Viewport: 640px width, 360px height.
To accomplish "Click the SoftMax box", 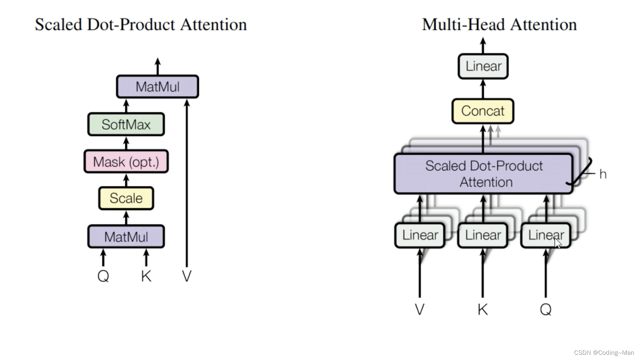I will click(126, 124).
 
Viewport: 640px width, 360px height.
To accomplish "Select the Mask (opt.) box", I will click(126, 162).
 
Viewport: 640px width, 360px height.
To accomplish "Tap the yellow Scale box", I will click(126, 198).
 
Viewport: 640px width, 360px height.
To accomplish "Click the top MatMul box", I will click(157, 86).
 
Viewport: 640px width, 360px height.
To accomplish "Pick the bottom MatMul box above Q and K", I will click(126, 236).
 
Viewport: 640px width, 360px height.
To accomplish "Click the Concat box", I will click(483, 111).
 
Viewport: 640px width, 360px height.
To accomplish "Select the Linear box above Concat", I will click(483, 66).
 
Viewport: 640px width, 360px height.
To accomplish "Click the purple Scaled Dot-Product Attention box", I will click(483, 174).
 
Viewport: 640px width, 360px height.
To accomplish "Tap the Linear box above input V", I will click(420, 235).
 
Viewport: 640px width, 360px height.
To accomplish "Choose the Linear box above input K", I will click(483, 235).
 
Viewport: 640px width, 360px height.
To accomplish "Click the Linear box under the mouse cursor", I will click(546, 235).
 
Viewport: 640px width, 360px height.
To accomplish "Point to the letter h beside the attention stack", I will click(603, 174).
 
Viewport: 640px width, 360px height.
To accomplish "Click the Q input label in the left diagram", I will click(103, 276).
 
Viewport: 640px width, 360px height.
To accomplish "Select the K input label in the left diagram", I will click(146, 276).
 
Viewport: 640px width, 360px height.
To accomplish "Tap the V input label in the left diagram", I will click(187, 276).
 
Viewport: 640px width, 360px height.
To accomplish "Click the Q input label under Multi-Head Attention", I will click(546, 309).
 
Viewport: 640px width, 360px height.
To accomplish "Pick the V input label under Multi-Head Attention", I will click(420, 309).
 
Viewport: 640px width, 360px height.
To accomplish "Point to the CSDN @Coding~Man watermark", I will click(604, 353).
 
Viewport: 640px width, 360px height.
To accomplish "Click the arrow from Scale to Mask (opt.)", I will click(126, 180).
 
